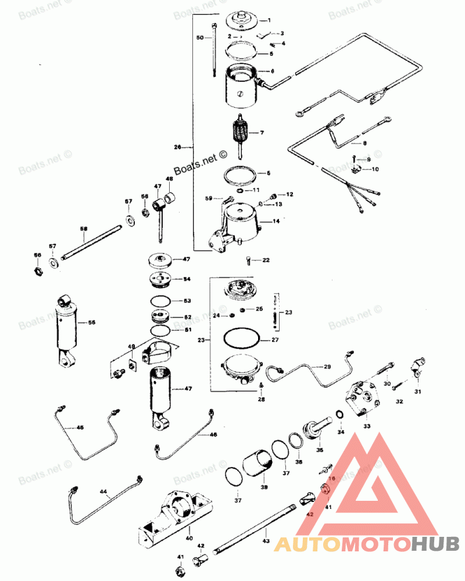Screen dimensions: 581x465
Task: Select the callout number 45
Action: click(80, 428)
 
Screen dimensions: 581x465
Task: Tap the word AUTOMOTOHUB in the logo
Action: click(367, 544)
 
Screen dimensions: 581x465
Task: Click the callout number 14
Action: click(276, 221)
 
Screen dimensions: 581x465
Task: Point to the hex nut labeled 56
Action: click(37, 271)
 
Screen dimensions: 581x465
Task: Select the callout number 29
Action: click(327, 367)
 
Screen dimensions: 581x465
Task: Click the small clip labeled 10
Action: click(356, 170)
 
